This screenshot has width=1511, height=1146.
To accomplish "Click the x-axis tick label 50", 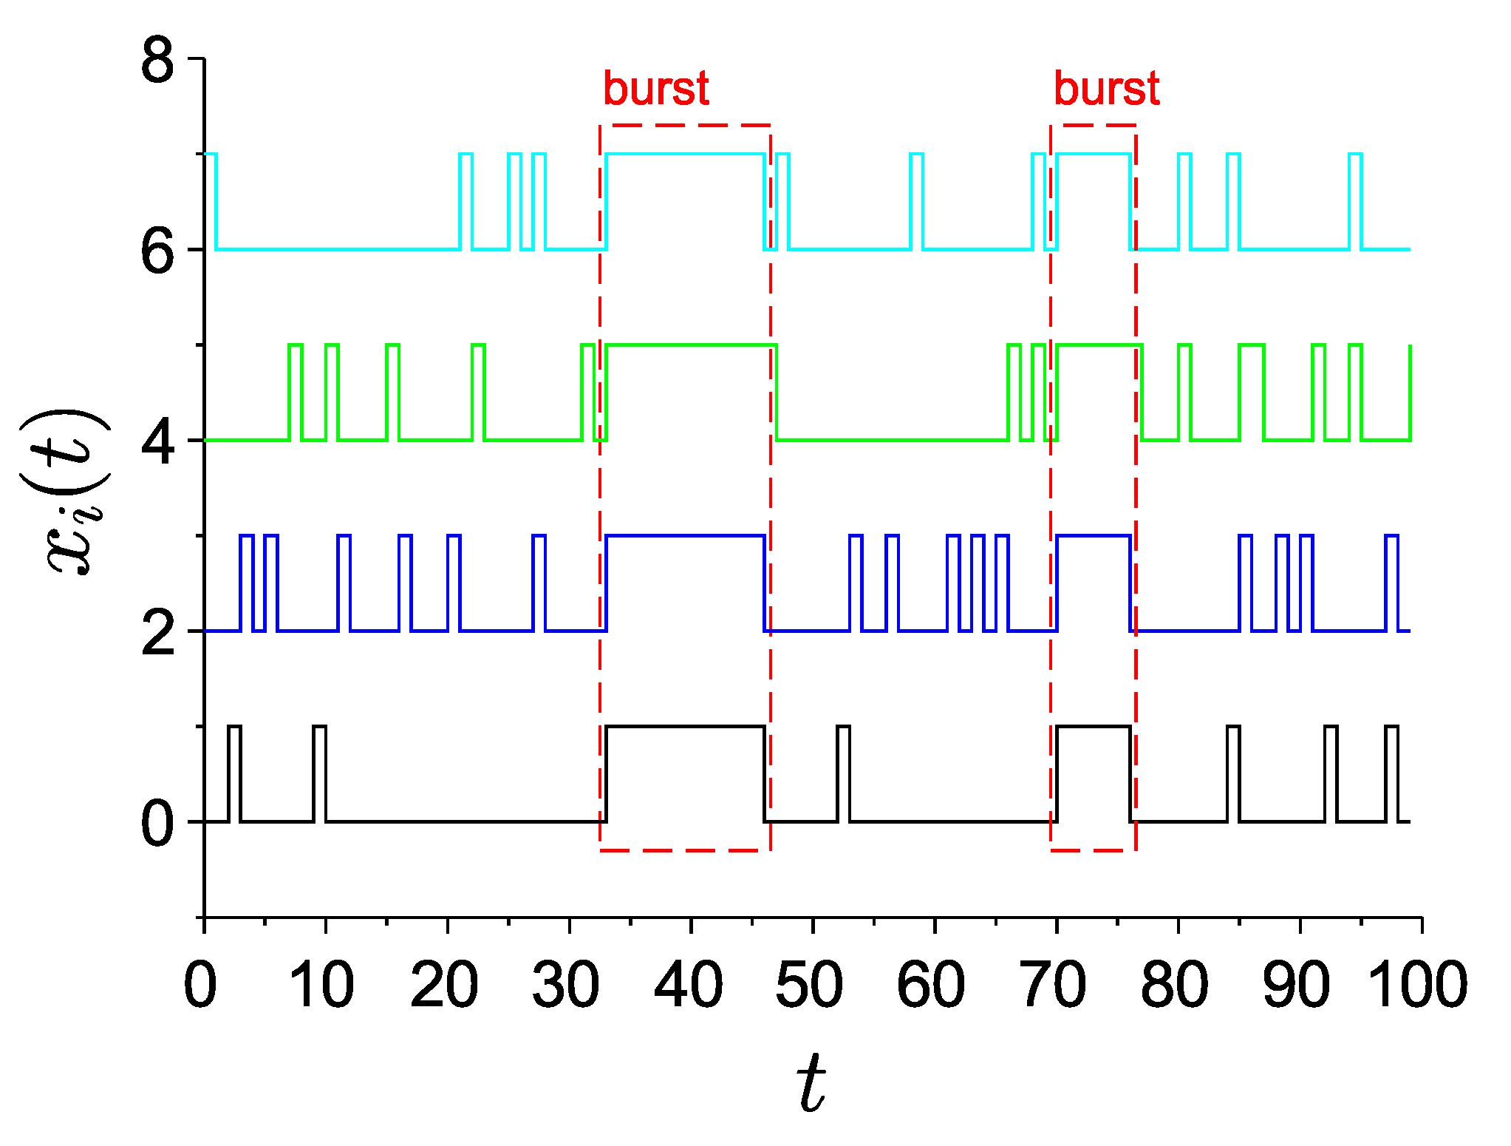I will click(x=810, y=986).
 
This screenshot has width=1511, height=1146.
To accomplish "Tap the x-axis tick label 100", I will click(x=1417, y=986).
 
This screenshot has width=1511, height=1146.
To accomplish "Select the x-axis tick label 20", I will click(x=445, y=986).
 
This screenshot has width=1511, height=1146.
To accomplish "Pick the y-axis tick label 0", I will click(x=157, y=824).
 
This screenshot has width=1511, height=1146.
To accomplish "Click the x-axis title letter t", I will click(x=811, y=1083).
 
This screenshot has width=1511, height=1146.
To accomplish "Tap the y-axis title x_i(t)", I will click(x=74, y=492).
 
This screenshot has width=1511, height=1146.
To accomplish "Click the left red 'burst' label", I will click(x=656, y=89).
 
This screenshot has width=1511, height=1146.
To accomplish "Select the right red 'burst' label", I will click(x=1106, y=89).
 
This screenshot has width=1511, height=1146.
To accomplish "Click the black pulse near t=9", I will click(x=319, y=773).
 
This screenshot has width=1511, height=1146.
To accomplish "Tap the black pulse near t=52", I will click(x=843, y=773).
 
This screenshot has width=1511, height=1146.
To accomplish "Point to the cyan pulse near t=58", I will click(x=916, y=201).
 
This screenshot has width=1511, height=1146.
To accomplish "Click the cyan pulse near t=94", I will click(x=1355, y=201).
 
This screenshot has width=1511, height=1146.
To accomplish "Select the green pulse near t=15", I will click(x=392, y=392).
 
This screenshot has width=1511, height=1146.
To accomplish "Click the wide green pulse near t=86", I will click(x=1252, y=392).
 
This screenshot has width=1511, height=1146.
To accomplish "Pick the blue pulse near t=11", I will click(x=344, y=583).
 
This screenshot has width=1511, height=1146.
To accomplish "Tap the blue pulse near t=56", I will click(x=892, y=583).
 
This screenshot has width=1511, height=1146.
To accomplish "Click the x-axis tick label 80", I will click(x=1175, y=986).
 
